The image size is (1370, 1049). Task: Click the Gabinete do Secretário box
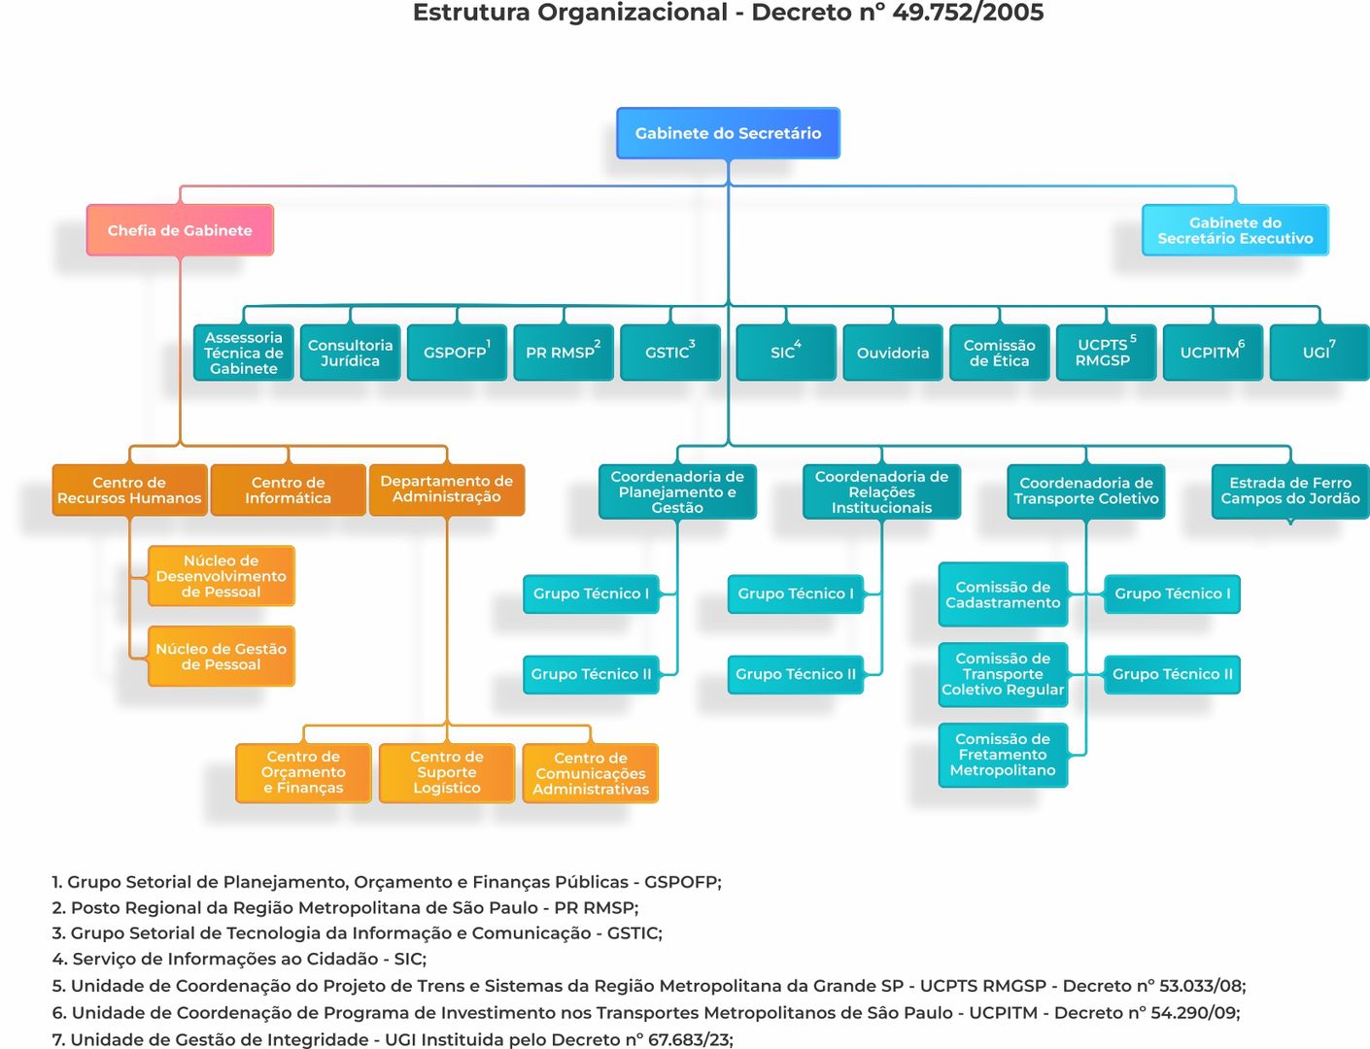click(728, 133)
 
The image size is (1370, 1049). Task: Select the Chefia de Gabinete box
click(180, 230)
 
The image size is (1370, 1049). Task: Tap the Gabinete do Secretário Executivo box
click(1235, 230)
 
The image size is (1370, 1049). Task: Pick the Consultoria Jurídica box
click(350, 353)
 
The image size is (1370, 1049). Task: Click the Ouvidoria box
click(892, 353)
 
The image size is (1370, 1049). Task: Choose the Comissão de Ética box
click(999, 353)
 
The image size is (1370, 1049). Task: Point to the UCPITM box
click(1212, 353)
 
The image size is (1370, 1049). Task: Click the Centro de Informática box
click(288, 491)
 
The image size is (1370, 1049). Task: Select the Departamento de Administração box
click(446, 490)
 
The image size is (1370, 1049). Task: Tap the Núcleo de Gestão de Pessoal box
click(221, 657)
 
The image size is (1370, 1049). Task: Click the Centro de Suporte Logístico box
click(446, 773)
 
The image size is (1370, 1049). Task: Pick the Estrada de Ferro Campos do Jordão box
click(1289, 491)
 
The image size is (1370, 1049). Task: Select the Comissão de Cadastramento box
click(1003, 594)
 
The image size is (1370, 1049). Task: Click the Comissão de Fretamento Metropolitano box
click(1003, 755)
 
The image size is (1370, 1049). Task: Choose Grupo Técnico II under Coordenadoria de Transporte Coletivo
click(1172, 674)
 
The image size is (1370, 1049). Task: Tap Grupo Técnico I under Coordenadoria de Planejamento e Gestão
click(591, 593)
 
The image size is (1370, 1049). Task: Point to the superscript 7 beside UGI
click(1332, 344)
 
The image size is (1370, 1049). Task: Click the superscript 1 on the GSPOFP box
click(488, 344)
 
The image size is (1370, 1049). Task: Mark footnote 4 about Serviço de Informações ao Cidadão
click(239, 959)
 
